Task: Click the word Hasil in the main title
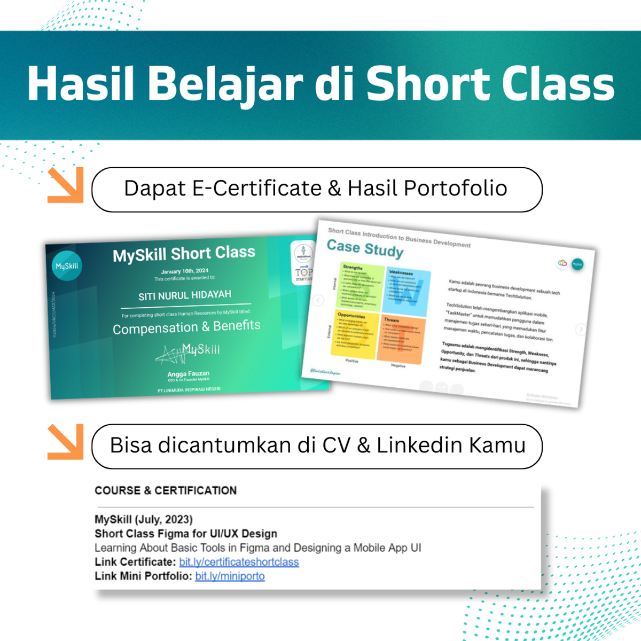pos(80,84)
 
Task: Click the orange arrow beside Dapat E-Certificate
pos(66,185)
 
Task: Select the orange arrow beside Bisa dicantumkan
pos(66,442)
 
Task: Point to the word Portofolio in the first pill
pos(455,189)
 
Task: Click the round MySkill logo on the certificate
pos(67,265)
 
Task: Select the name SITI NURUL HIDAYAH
pos(185,295)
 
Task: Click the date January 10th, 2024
pos(185,271)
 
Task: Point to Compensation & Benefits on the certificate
pos(186,327)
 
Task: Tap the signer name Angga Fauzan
pos(189,374)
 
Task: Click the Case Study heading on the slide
pos(365,248)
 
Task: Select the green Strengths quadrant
pos(362,286)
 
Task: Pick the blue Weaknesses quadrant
pos(408,292)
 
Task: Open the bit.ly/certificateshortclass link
pos(239,562)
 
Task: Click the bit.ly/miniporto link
pos(230,576)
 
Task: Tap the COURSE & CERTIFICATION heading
pos(166,490)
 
